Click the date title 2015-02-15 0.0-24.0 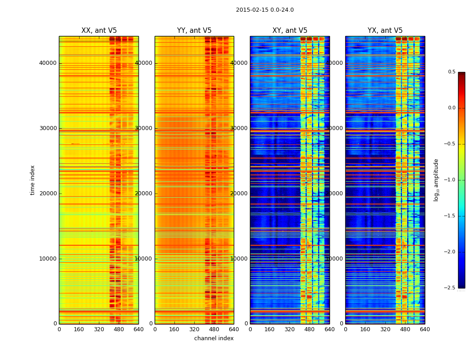pos(265,10)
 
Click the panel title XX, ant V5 pos(99,31)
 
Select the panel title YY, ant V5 pos(194,31)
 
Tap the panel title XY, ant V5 pos(290,31)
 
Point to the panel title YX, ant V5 pos(385,31)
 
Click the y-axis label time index pos(32,180)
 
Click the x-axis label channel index pos(214,338)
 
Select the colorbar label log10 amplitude pos(436,180)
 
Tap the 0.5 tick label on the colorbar pos(451,72)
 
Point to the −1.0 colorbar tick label pos(450,180)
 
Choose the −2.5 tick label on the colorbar pos(450,288)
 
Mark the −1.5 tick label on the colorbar pos(450,216)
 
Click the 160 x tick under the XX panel pos(79,329)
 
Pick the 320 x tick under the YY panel pos(194,329)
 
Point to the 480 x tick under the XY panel pos(310,329)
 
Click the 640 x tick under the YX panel pos(425,329)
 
